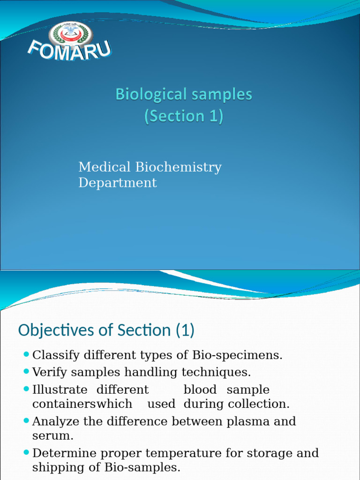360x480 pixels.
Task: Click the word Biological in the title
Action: [150, 95]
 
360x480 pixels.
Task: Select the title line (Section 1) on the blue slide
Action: [183, 116]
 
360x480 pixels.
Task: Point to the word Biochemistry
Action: [179, 167]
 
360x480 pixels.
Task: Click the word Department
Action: [117, 183]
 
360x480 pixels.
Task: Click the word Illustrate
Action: [60, 390]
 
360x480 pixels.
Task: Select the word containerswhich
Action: [82, 404]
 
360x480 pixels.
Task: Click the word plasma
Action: [247, 421]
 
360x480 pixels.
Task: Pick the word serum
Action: [52, 435]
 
